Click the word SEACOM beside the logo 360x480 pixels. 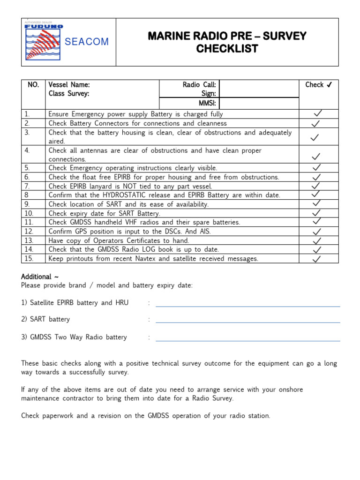click(x=87, y=42)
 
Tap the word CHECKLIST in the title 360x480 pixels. click(x=227, y=49)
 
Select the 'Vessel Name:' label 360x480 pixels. click(x=69, y=85)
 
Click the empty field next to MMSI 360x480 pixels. click(x=258, y=103)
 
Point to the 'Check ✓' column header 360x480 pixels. click(x=319, y=85)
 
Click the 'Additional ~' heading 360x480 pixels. click(x=40, y=277)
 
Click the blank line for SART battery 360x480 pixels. click(x=247, y=322)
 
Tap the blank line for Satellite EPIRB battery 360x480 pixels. click(x=247, y=306)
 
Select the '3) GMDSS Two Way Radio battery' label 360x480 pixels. click(x=74, y=337)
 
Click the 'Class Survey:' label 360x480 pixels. click(x=68, y=93)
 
